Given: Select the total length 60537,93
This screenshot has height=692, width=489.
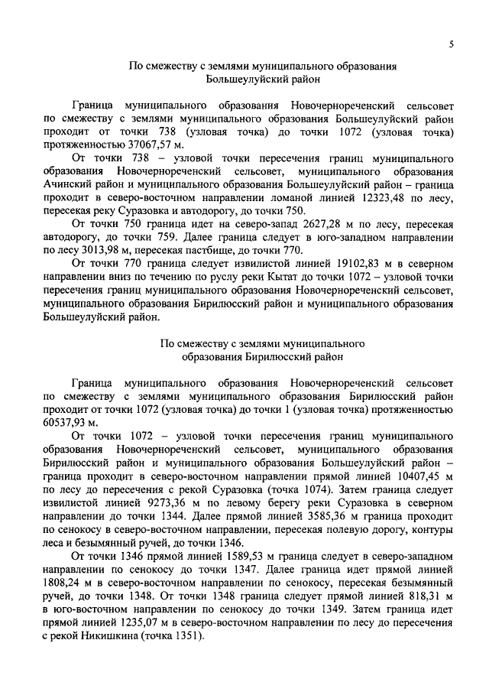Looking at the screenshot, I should (x=67, y=421).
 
